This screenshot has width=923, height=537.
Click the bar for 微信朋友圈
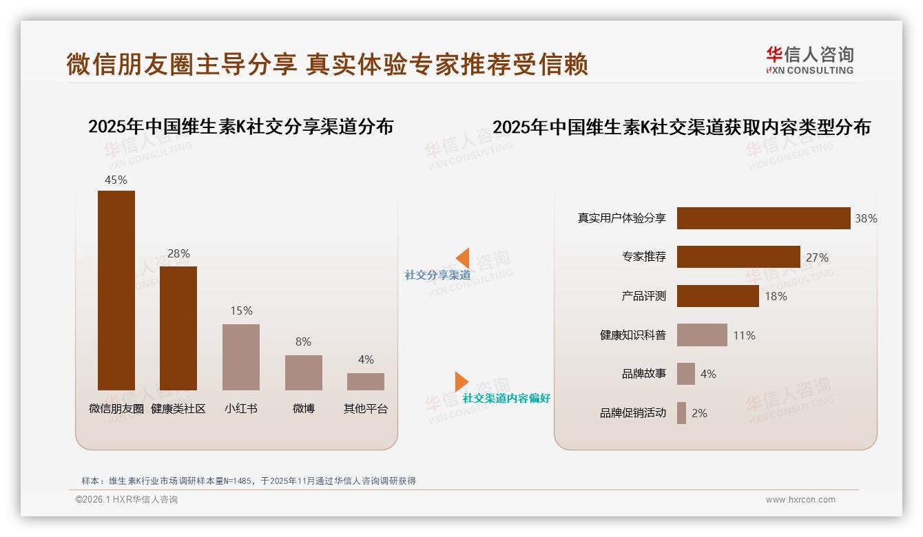coord(116,290)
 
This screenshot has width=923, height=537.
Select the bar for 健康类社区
coord(178,328)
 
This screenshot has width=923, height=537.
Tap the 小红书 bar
coord(241,357)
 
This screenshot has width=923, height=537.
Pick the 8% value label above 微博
coord(303,341)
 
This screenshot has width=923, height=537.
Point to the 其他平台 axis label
coord(366,408)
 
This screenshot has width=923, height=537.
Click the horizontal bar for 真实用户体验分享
coord(763,218)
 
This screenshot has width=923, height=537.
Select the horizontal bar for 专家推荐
coord(738,257)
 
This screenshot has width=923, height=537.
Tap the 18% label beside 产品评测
coord(776,296)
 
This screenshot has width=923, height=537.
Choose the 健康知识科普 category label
coord(633,335)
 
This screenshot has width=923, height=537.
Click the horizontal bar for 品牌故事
coord(686,374)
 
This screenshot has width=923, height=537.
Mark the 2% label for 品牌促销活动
coord(699,413)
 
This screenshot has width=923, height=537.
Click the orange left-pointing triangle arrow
coord(463,258)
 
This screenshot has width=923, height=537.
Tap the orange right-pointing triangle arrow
coord(461,381)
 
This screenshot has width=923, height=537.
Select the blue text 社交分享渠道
coord(438,275)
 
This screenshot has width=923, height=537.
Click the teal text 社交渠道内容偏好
coord(506,398)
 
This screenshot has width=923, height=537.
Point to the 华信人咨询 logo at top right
coord(809,61)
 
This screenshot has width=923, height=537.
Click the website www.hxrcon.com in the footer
coord(800,500)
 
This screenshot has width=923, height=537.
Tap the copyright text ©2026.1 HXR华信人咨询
coord(127,500)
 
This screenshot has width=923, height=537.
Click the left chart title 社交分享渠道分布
coord(240,127)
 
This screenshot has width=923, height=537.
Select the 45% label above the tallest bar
coord(116,180)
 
